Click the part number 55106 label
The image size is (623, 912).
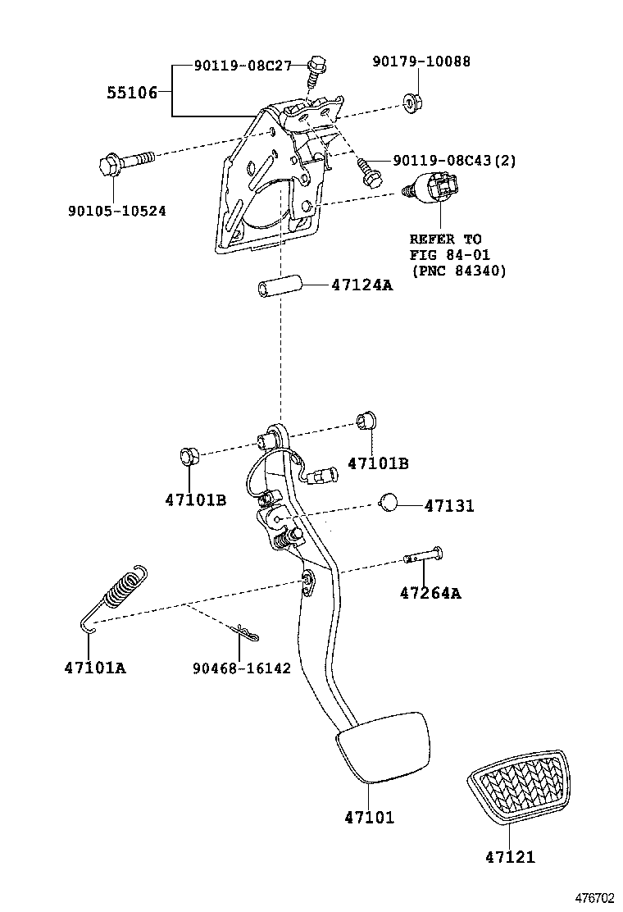tap(131, 93)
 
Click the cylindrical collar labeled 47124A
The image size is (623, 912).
tap(278, 289)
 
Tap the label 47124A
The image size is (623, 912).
tap(362, 285)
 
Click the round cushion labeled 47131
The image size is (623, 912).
tap(389, 503)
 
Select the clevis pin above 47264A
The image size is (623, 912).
tap(423, 557)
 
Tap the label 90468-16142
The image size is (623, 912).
tap(242, 668)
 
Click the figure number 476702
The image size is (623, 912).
tap(593, 899)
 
